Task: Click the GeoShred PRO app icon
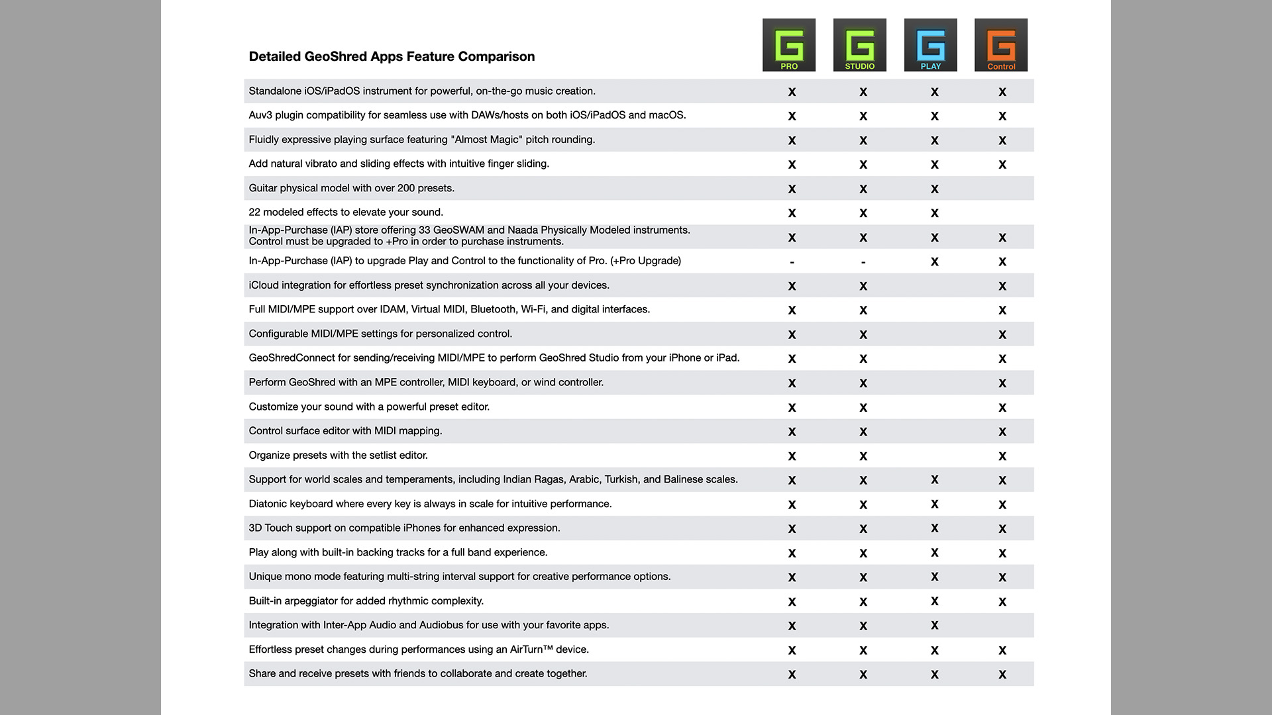click(788, 44)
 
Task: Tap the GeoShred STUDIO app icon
click(859, 44)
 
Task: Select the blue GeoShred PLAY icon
click(930, 44)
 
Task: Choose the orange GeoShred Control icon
click(1000, 44)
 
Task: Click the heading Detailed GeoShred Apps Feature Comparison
click(392, 56)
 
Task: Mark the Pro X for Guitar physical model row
click(792, 189)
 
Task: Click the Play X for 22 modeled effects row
click(934, 213)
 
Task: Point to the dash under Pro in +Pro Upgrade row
click(792, 262)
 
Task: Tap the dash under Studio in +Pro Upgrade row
click(863, 262)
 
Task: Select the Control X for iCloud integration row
click(1002, 286)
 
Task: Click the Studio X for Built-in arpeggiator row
click(863, 602)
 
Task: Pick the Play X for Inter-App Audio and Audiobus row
click(934, 625)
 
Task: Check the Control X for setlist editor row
click(1002, 456)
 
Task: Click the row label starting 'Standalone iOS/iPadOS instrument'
click(421, 91)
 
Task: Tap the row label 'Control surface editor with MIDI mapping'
click(345, 431)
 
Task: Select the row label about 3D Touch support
click(404, 528)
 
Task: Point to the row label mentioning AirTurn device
click(418, 649)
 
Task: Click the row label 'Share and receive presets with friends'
click(417, 673)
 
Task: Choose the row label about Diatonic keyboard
click(429, 504)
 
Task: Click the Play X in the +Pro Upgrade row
click(934, 262)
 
